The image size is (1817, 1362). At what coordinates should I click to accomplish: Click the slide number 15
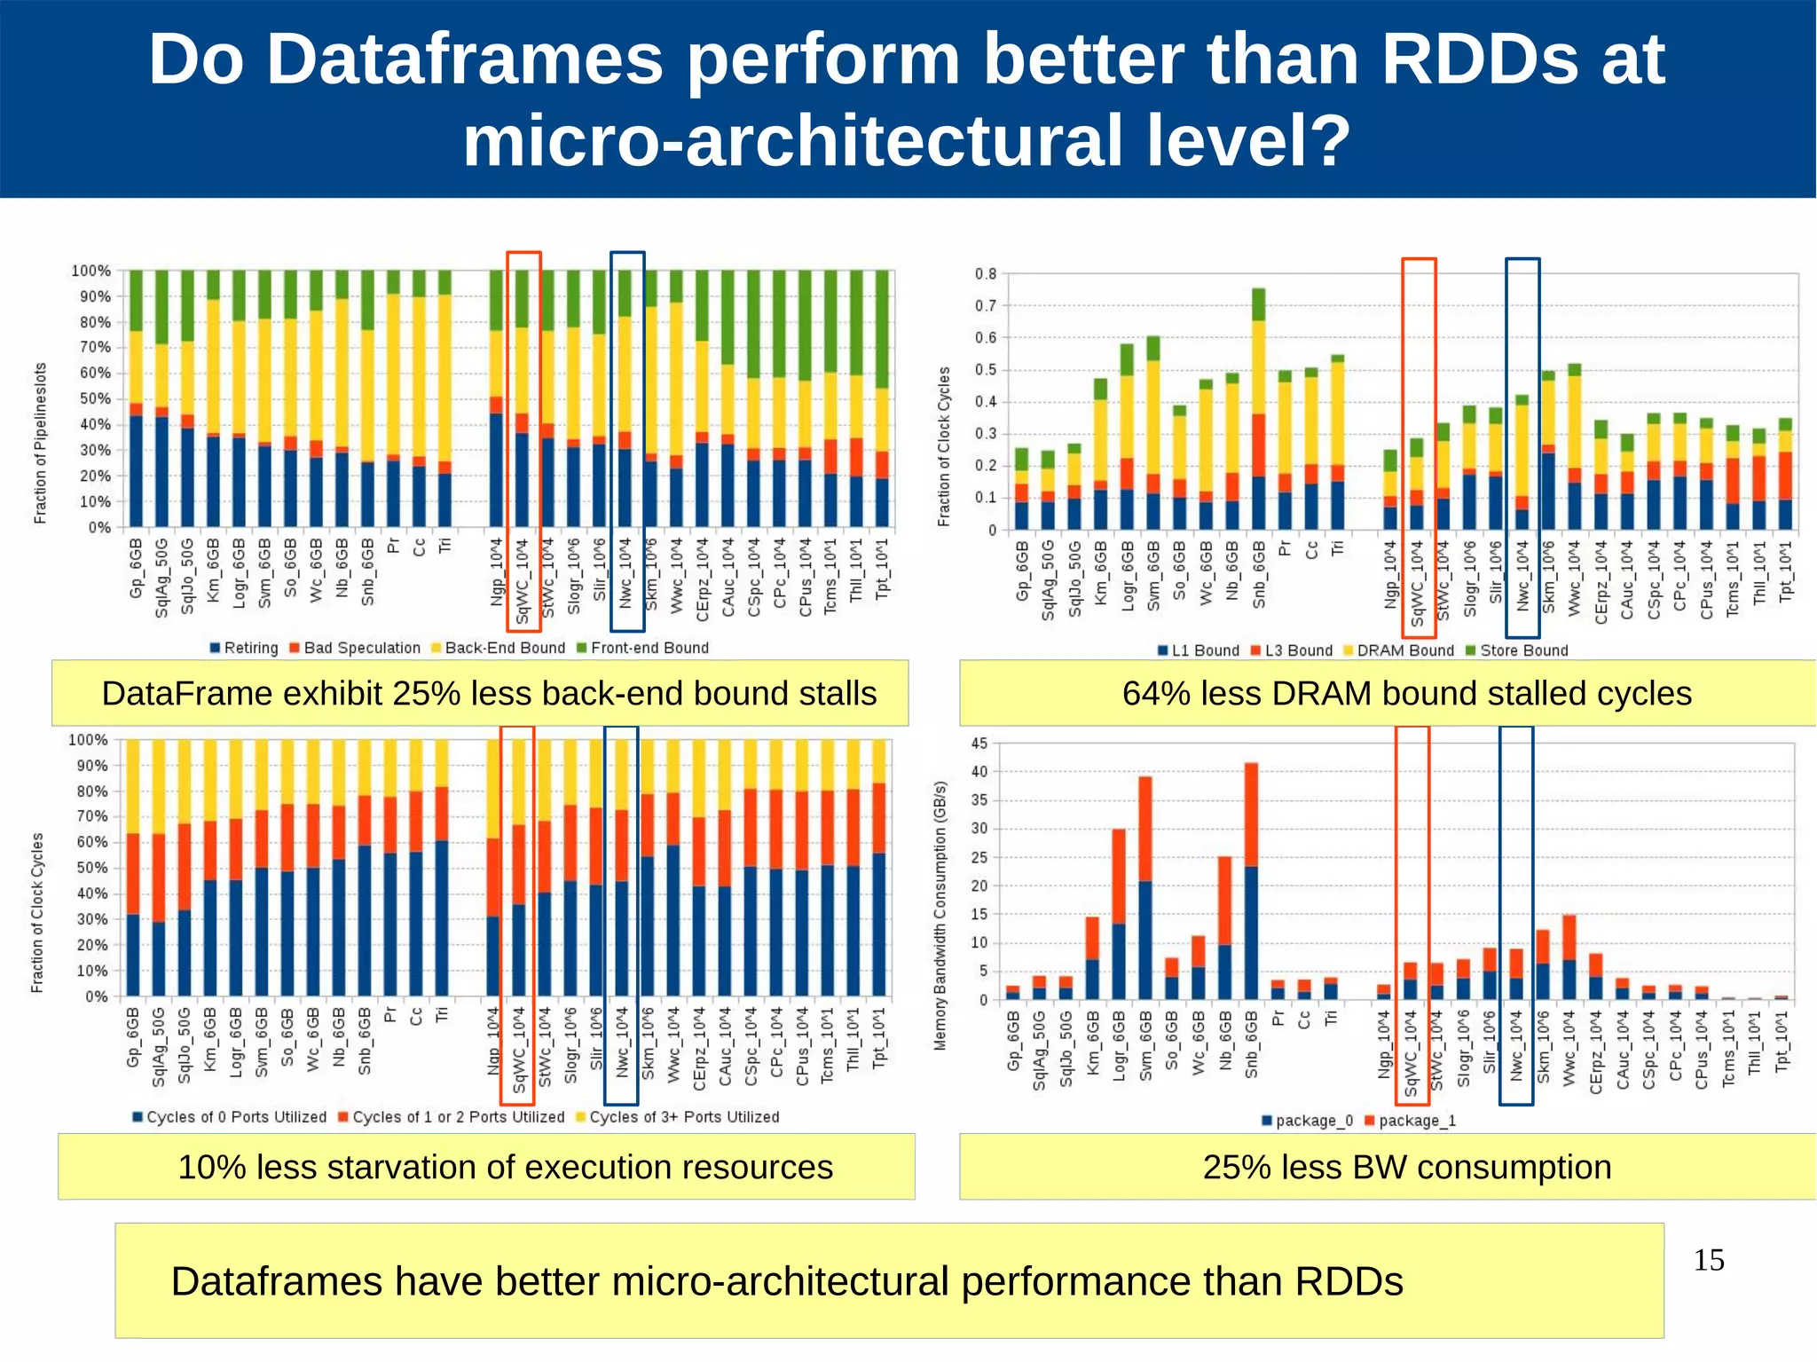[1708, 1260]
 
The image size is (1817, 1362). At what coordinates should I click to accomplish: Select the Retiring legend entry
[244, 648]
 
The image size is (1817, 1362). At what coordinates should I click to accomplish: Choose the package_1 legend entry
[1410, 1121]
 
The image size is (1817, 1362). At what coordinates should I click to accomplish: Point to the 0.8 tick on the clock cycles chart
[986, 274]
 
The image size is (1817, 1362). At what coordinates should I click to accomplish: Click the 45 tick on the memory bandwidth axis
[979, 744]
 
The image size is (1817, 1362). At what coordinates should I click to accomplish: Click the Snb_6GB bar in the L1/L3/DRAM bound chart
[1258, 409]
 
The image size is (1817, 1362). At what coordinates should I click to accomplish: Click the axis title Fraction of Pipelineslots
[40, 443]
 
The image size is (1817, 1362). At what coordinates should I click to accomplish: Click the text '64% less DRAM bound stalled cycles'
[1406, 693]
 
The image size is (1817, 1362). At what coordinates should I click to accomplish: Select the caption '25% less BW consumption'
[1406, 1167]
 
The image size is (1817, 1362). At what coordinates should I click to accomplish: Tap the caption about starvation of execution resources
[505, 1167]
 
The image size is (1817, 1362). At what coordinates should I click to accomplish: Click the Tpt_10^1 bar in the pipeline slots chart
[882, 399]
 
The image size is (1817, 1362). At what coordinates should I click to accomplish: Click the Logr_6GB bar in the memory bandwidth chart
[1119, 915]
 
